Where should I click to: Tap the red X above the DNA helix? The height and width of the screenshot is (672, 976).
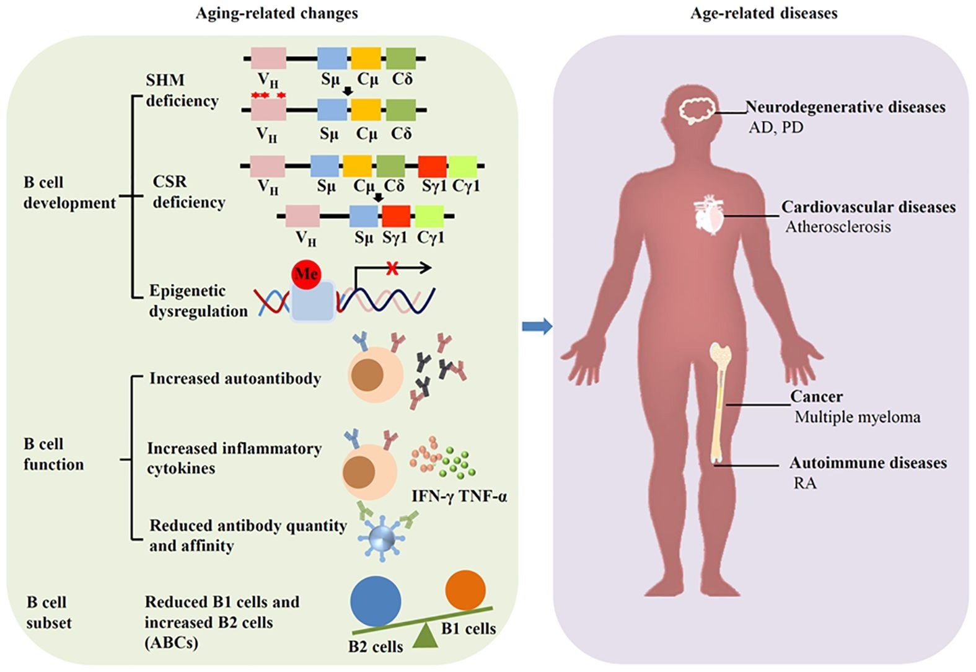(x=391, y=268)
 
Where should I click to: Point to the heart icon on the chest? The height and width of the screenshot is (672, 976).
(x=708, y=215)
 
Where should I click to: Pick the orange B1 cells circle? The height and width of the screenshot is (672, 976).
(x=465, y=590)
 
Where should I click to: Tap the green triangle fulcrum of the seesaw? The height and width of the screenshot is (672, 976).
(x=425, y=637)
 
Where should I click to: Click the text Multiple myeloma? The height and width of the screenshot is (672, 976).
(x=857, y=417)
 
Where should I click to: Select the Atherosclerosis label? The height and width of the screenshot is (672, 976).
(x=838, y=227)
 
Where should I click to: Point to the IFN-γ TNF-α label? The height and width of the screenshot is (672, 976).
(x=459, y=496)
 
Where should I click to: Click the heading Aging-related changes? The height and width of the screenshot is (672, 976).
(x=276, y=13)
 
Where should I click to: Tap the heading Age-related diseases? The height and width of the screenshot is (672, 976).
(x=763, y=13)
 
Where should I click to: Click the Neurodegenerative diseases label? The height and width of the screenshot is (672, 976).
(x=845, y=107)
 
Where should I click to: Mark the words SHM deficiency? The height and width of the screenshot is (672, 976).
(x=182, y=91)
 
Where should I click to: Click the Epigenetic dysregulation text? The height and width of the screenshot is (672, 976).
(x=197, y=301)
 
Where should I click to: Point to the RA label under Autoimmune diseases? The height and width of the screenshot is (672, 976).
(x=805, y=483)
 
